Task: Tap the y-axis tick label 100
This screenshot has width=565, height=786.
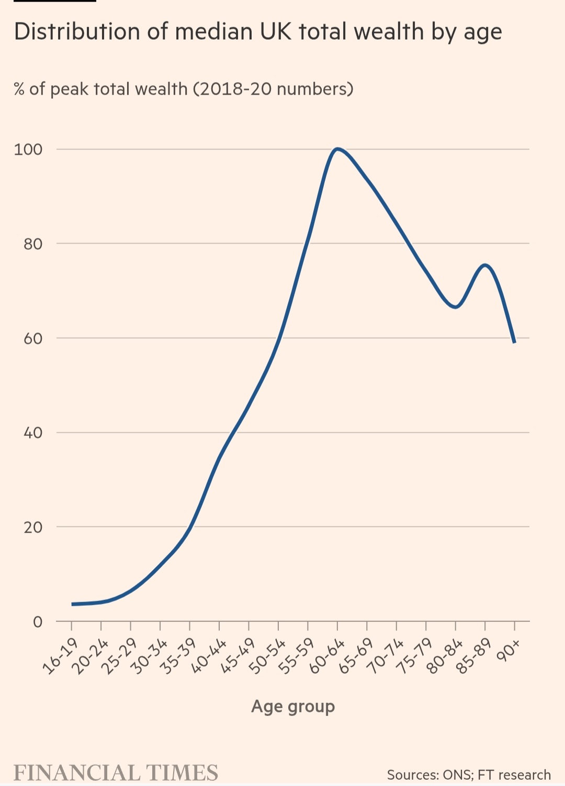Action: pyautogui.click(x=28, y=149)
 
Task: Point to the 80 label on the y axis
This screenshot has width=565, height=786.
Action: pyautogui.click(x=32, y=244)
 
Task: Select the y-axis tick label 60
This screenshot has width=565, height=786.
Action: pyautogui.click(x=32, y=339)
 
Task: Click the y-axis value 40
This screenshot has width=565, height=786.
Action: pyautogui.click(x=32, y=433)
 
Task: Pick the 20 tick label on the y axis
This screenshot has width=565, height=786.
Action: pyautogui.click(x=32, y=527)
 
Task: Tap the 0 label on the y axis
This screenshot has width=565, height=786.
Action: pyautogui.click(x=37, y=622)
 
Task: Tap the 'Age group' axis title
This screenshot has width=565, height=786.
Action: pyautogui.click(x=293, y=707)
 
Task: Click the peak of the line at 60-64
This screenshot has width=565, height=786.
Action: pyautogui.click(x=337, y=149)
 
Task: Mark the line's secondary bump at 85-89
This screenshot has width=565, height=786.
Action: pyautogui.click(x=485, y=265)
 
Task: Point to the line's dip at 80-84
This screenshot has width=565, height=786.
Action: pyautogui.click(x=456, y=307)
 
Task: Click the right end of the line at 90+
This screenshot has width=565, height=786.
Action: pyautogui.click(x=515, y=342)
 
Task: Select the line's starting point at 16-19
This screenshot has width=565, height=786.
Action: pyautogui.click(x=72, y=604)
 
